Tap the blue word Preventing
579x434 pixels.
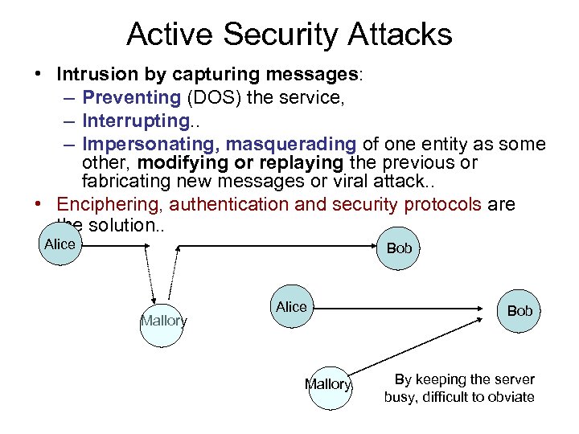pyautogui.click(x=131, y=98)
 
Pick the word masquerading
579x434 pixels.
pyautogui.click(x=291, y=145)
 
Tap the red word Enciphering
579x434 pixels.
pyautogui.click(x=109, y=205)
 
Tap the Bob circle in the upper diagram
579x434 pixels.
pyautogui.click(x=398, y=248)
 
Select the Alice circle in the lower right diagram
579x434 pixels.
pyautogui.click(x=290, y=307)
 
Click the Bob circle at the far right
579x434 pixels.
pyautogui.click(x=519, y=311)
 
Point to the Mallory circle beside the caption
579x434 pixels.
pyautogui.click(x=329, y=386)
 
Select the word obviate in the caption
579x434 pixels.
pyautogui.click(x=510, y=397)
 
